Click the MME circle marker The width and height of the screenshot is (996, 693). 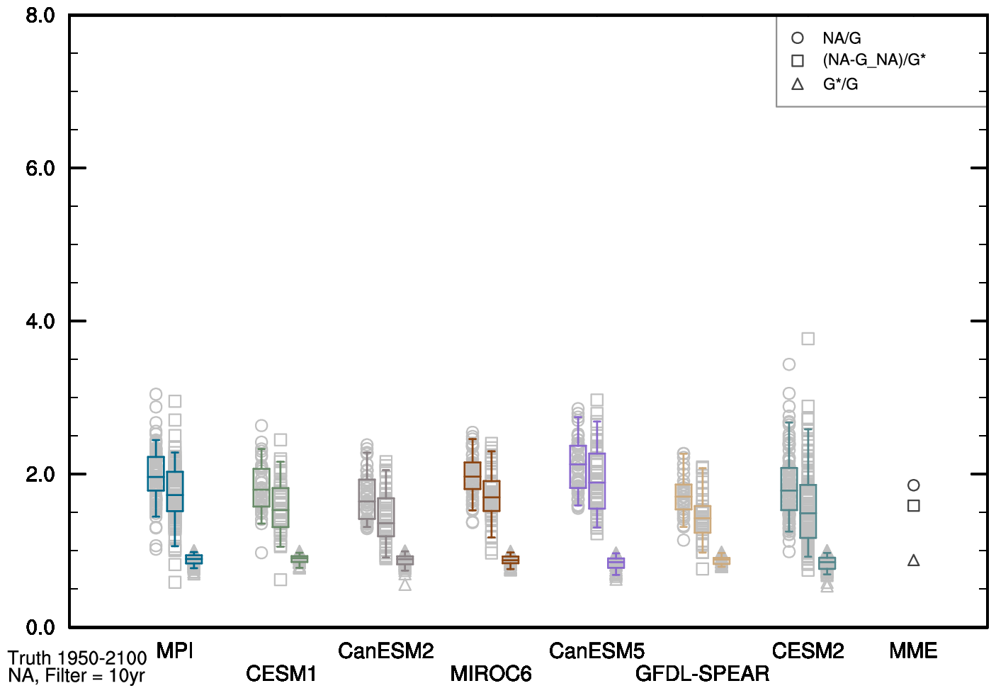coord(913,485)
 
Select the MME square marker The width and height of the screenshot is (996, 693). coord(913,506)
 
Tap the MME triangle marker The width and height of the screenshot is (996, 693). coord(913,560)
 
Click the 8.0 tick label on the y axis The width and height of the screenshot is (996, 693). coord(40,16)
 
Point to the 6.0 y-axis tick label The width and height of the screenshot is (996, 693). coord(40,169)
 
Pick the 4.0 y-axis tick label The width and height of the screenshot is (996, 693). coord(40,322)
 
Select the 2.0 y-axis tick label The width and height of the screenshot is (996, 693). coord(40,475)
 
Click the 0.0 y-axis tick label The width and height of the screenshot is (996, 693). coord(40,627)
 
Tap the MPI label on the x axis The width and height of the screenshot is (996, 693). coord(174,650)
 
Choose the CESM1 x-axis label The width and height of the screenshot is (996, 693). coord(281,673)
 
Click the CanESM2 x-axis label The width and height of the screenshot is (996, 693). coord(385,650)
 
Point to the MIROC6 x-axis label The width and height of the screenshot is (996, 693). coord(491,673)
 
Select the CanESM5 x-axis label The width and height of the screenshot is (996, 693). coord(596,650)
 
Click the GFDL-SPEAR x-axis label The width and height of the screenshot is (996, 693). coord(702,673)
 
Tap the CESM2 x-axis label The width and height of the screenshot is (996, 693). coord(808,650)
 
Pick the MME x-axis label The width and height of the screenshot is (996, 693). coord(913,650)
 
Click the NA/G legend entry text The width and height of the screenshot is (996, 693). coord(842,38)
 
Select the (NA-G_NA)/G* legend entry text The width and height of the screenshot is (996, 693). coord(873,60)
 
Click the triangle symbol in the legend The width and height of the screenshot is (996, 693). coord(798,84)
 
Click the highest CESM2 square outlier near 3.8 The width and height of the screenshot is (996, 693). coord(808,339)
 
